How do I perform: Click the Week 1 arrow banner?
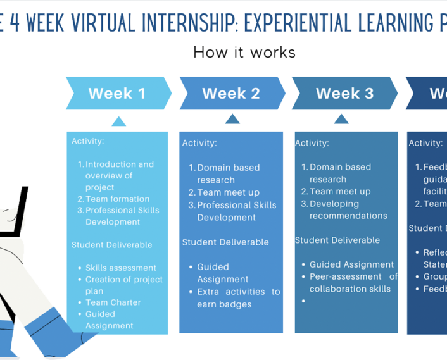117,94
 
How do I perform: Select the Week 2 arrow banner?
231,94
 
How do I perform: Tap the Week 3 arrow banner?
344,94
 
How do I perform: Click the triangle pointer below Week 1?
118,121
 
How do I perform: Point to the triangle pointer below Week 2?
233,119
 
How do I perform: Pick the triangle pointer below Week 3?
341,119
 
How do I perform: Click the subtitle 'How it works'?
244,52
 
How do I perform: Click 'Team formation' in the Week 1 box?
117,199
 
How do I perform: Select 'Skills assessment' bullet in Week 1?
120,268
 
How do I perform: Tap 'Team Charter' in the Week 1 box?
113,302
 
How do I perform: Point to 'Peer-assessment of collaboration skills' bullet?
353,282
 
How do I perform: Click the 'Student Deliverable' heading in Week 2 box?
225,242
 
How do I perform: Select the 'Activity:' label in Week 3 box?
312,143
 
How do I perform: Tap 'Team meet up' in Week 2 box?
228,192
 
